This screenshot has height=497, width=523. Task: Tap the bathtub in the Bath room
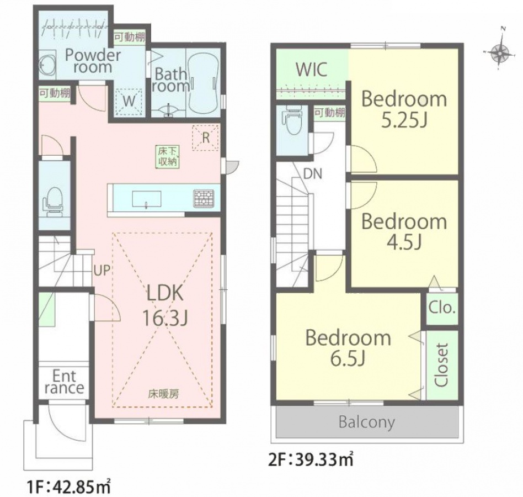(204, 84)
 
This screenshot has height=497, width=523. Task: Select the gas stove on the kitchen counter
(204, 198)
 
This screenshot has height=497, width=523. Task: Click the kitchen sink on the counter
(147, 199)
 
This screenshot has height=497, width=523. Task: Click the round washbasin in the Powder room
(47, 64)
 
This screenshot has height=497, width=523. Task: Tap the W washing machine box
(129, 101)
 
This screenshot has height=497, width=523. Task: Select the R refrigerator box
(206, 138)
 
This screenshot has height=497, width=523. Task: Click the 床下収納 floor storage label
(168, 156)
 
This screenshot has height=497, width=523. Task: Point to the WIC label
(311, 70)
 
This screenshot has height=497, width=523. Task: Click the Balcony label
(366, 422)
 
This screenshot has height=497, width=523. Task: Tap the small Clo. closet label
(442, 308)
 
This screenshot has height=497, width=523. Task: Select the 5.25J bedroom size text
(404, 121)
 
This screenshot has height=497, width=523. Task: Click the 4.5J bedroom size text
(404, 242)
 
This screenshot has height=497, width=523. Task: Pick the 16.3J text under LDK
(166, 318)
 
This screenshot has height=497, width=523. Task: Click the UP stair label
(102, 270)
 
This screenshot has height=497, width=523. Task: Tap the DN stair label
(313, 173)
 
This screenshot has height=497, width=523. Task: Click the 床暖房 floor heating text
(163, 394)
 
